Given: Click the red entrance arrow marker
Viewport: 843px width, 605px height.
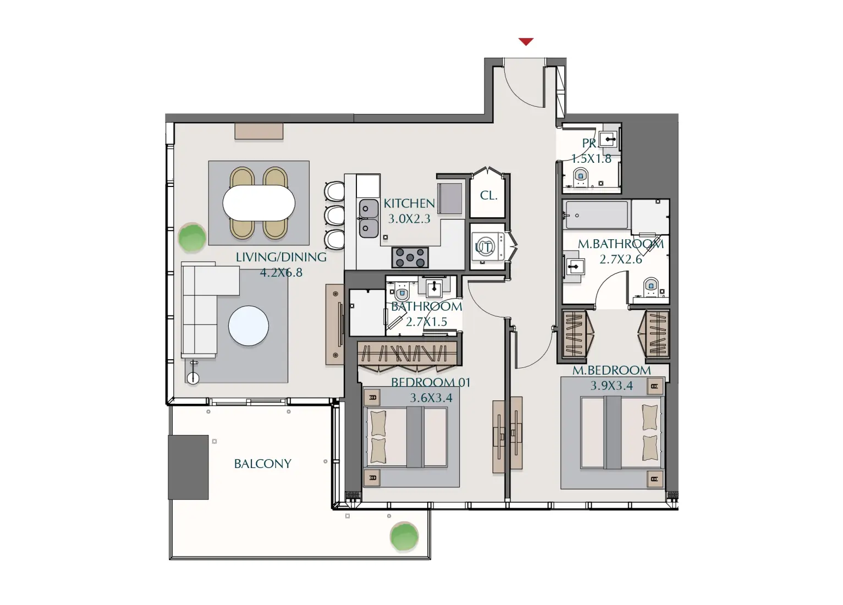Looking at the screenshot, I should (x=526, y=42).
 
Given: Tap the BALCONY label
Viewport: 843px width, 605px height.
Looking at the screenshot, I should (x=262, y=464).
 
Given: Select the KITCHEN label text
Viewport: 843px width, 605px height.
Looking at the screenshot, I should (x=409, y=204).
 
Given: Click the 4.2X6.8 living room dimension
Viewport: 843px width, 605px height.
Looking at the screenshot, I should (x=281, y=272).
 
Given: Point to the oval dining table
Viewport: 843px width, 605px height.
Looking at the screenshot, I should (x=258, y=203).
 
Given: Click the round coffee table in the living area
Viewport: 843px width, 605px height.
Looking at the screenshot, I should (x=249, y=326).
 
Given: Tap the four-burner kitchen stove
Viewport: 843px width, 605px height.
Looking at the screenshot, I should (x=410, y=257).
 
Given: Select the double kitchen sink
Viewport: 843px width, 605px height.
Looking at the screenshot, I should (x=368, y=218).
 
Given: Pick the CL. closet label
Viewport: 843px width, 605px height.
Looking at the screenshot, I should (x=488, y=195).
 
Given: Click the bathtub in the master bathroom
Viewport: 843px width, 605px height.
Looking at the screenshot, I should (x=596, y=215).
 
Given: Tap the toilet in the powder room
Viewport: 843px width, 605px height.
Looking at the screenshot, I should (x=581, y=177).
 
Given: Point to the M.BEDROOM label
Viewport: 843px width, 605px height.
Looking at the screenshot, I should (x=611, y=370).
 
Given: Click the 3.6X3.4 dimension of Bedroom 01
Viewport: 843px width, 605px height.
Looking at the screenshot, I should (x=431, y=398).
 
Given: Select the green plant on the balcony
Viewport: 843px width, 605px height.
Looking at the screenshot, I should (x=404, y=537).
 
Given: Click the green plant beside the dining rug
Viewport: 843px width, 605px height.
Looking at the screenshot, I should (x=192, y=238).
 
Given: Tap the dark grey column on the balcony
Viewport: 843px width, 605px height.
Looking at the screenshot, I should (x=188, y=467).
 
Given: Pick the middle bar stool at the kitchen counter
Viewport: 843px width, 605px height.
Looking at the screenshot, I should (x=334, y=216).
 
